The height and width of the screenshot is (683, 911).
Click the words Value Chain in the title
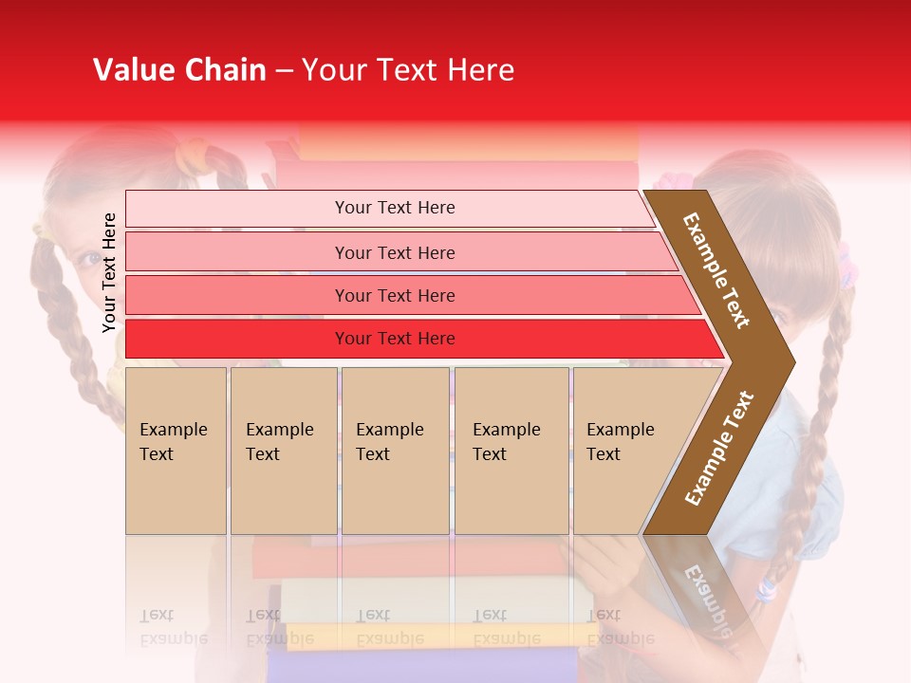point(179,70)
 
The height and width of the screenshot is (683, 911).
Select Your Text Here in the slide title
point(408,70)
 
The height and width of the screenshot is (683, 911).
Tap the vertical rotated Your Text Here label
point(109,272)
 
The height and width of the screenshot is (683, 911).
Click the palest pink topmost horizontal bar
point(395,208)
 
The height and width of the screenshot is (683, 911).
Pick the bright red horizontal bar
point(395,339)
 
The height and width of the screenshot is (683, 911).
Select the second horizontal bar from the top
point(395,252)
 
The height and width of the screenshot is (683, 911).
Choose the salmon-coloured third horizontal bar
point(395,295)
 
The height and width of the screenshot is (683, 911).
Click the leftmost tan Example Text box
point(176,450)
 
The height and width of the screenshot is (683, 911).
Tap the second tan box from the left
point(283,450)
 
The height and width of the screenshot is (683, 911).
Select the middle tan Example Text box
point(395,450)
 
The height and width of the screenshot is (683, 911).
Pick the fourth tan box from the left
point(511,450)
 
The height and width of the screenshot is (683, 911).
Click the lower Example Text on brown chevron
point(719,449)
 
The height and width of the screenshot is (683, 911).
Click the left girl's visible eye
point(88,257)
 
